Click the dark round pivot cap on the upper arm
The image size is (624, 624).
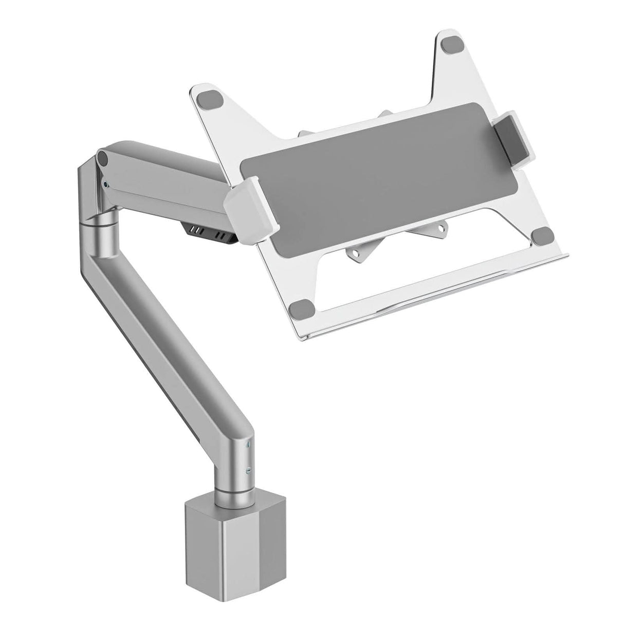pyautogui.click(x=103, y=157)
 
